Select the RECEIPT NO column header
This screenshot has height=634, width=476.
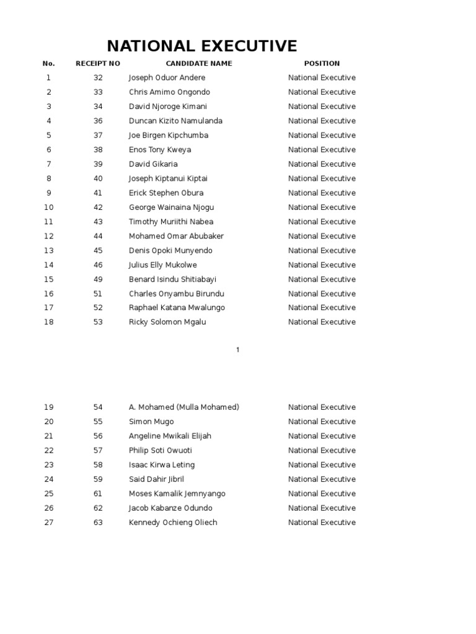[x=98, y=63]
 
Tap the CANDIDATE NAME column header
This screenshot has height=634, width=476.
[x=199, y=63]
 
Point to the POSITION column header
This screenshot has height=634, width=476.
[x=322, y=63]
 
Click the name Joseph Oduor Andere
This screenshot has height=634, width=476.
[x=167, y=78]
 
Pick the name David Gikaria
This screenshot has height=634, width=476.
[x=153, y=164]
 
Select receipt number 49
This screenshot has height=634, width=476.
[x=98, y=279]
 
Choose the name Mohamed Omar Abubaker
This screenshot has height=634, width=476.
[x=176, y=236]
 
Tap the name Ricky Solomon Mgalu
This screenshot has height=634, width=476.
[x=167, y=322]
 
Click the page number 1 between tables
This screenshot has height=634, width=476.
[x=237, y=350]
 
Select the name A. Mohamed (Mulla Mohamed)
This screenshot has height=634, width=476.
[x=184, y=407]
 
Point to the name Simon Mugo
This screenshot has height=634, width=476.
[x=151, y=422]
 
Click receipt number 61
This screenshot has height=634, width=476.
[x=98, y=493]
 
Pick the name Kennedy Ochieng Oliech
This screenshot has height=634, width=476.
[x=173, y=523]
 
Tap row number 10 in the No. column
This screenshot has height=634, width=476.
[x=49, y=207]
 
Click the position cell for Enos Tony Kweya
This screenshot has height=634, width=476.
[x=322, y=150]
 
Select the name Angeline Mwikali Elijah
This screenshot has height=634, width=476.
[x=170, y=436]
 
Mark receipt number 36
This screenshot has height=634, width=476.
[x=98, y=121]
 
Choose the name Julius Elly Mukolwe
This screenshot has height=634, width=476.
[x=163, y=265]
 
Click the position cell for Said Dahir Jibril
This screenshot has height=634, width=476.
[x=322, y=479]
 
